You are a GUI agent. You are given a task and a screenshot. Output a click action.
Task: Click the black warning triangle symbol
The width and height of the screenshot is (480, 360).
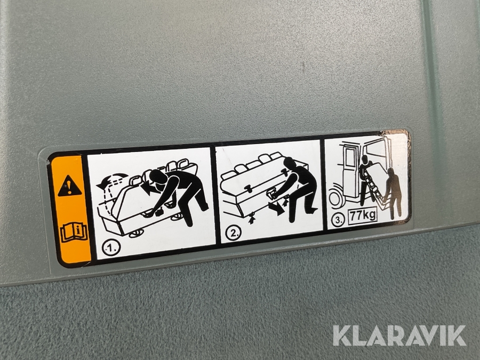[x=70, y=186]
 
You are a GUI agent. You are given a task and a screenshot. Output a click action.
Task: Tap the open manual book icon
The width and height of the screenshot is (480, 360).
[x=75, y=233]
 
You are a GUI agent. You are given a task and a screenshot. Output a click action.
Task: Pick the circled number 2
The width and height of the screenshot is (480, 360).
[x=234, y=234]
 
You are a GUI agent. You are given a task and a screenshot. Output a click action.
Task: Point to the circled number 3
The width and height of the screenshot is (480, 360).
[x=338, y=220]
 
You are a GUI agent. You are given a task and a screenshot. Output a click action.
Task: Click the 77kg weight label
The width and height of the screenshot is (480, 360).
[x=363, y=215]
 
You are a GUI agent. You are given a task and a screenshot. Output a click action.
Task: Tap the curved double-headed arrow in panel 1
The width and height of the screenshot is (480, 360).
[x=112, y=180]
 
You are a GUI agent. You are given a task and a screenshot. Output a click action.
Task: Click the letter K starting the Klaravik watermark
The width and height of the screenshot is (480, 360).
[x=341, y=336]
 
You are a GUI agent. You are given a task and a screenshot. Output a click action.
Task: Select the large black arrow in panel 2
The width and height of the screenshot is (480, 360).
[x=276, y=208]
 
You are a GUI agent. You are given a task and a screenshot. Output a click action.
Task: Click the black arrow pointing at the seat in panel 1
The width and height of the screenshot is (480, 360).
[x=149, y=188]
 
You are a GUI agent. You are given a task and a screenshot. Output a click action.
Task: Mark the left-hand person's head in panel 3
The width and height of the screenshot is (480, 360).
[x=365, y=159]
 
